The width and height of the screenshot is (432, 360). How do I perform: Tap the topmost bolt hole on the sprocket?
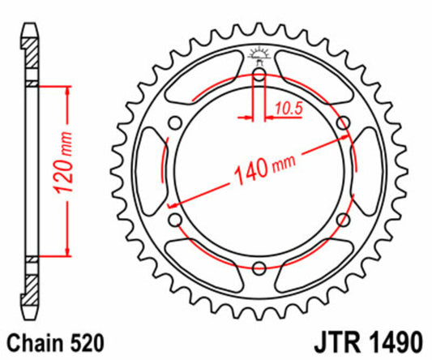259,75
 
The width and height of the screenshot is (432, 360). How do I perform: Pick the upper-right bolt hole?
343,123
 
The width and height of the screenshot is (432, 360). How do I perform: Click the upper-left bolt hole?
174,123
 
